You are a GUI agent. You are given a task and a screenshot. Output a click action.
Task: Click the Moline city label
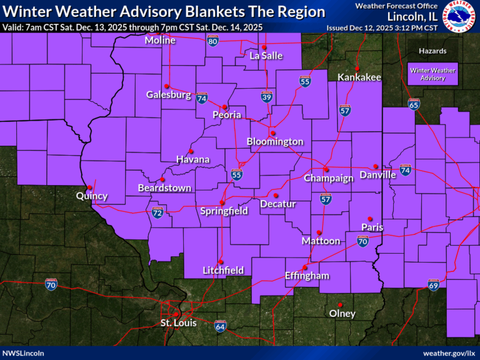pyautogui.click(x=160, y=41)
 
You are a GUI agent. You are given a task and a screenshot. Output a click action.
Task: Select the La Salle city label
pyautogui.click(x=266, y=56)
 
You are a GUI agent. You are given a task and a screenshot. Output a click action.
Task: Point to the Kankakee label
pyautogui.click(x=359, y=77)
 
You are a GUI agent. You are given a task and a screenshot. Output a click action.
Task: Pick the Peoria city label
pyautogui.click(x=227, y=115)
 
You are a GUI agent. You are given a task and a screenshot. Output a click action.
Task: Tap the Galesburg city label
pyautogui.click(x=168, y=95)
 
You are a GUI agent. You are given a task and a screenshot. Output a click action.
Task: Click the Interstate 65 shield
pyautogui.click(x=414, y=104)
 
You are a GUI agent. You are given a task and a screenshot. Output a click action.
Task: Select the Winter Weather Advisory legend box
pyautogui.click(x=432, y=74)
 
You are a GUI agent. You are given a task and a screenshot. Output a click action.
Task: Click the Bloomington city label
pyautogui.click(x=275, y=142)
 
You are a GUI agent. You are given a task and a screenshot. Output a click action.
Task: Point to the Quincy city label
pyautogui.click(x=92, y=196)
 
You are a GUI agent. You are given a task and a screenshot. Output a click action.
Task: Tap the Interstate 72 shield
pyautogui.click(x=157, y=213)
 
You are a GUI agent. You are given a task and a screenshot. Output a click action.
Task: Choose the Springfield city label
pyautogui.click(x=224, y=211)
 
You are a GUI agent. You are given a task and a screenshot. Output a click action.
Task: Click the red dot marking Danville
pyautogui.click(x=376, y=166)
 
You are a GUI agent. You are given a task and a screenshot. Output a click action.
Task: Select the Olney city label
pyautogui.click(x=342, y=314)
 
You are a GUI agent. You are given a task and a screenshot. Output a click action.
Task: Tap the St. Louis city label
pyautogui.click(x=178, y=323)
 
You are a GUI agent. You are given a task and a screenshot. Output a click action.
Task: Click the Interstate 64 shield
pyautogui.click(x=220, y=326)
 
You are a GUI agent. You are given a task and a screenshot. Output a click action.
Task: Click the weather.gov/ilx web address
pyautogui.click(x=449, y=353)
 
